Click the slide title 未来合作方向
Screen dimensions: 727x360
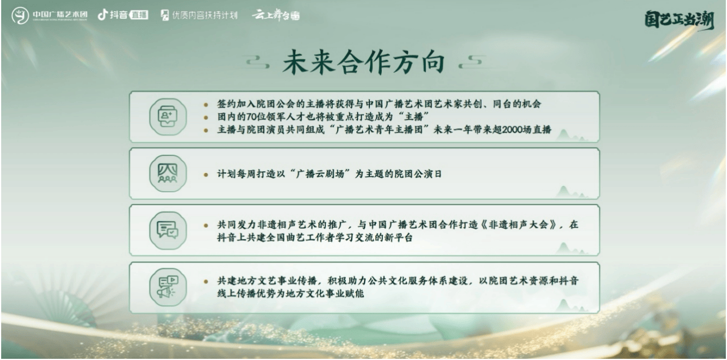pyautogui.click(x=363, y=62)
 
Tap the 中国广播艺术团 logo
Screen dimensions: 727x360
pyautogui.click(x=49, y=15)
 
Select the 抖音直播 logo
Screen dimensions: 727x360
pyautogui.click(x=123, y=15)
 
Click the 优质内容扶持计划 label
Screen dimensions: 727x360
pyautogui.click(x=199, y=15)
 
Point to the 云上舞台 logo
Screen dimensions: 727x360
pyautogui.click(x=275, y=15)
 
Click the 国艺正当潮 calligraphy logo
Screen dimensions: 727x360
pyautogui.click(x=679, y=20)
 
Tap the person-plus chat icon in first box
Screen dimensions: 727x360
pyautogui.click(x=168, y=116)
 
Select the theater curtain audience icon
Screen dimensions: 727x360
pyautogui.click(x=168, y=174)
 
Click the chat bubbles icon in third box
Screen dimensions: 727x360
pyautogui.click(x=168, y=230)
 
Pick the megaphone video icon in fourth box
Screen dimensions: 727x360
pyautogui.click(x=168, y=287)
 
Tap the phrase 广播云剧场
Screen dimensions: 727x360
pyautogui.click(x=320, y=174)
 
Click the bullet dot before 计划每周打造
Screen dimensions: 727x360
pyautogui.click(x=206, y=175)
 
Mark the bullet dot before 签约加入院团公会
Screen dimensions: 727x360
pyautogui.click(x=206, y=105)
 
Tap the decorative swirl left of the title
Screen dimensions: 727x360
pyautogui.click(x=258, y=62)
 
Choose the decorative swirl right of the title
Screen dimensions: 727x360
pyautogui.click(x=471, y=62)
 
